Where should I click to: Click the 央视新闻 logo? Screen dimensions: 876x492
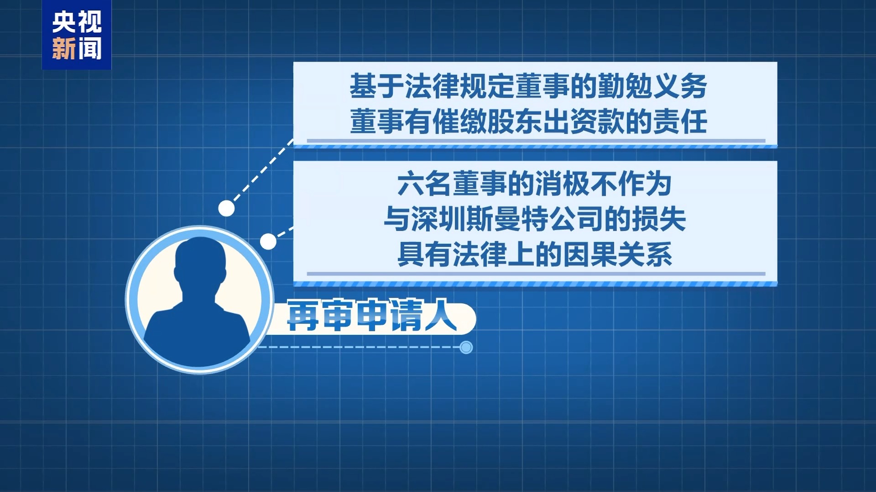[77, 35]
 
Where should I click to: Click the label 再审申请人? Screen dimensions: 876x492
[372, 315]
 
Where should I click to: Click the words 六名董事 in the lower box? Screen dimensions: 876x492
[452, 184]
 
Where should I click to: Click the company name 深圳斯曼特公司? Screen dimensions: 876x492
[507, 219]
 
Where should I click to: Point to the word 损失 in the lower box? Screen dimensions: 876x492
[658, 219]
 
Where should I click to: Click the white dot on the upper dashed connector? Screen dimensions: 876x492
[226, 208]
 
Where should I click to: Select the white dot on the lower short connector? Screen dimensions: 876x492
[268, 241]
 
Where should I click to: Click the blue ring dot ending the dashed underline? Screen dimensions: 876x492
[466, 348]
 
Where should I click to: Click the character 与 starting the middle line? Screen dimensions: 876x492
[397, 219]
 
